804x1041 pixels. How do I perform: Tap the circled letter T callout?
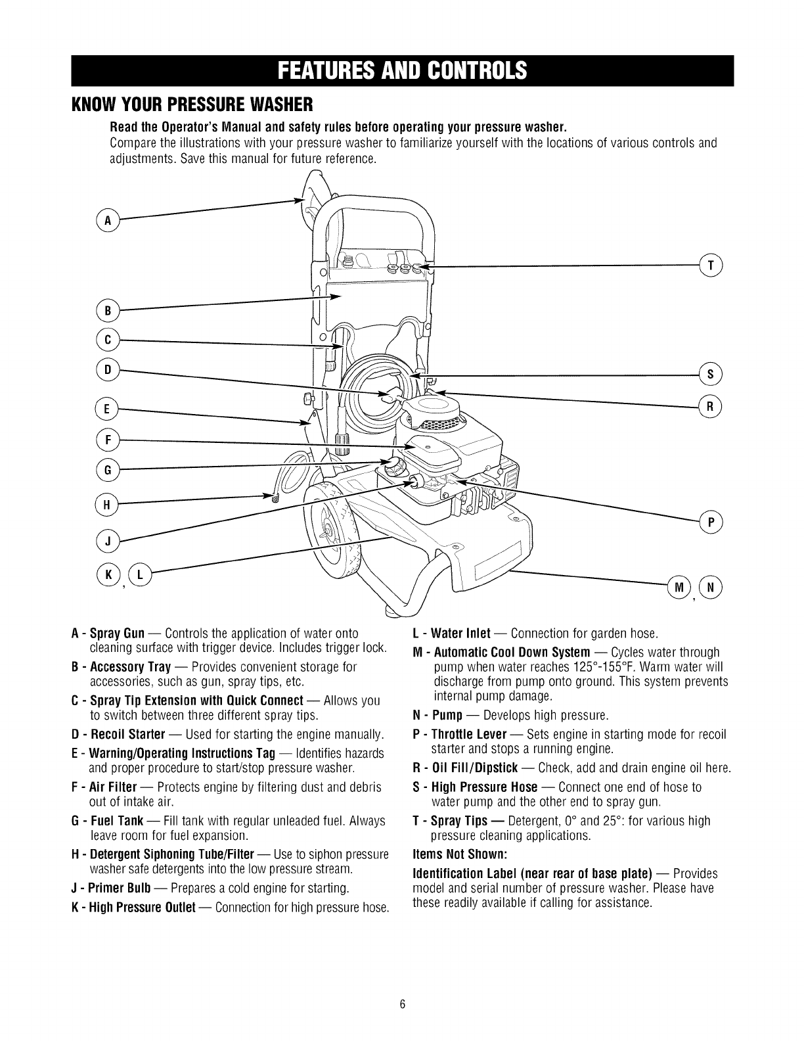click(711, 266)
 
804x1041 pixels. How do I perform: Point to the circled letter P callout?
click(711, 522)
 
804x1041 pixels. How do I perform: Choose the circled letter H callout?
click(106, 505)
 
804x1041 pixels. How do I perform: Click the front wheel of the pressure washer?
click(332, 530)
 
